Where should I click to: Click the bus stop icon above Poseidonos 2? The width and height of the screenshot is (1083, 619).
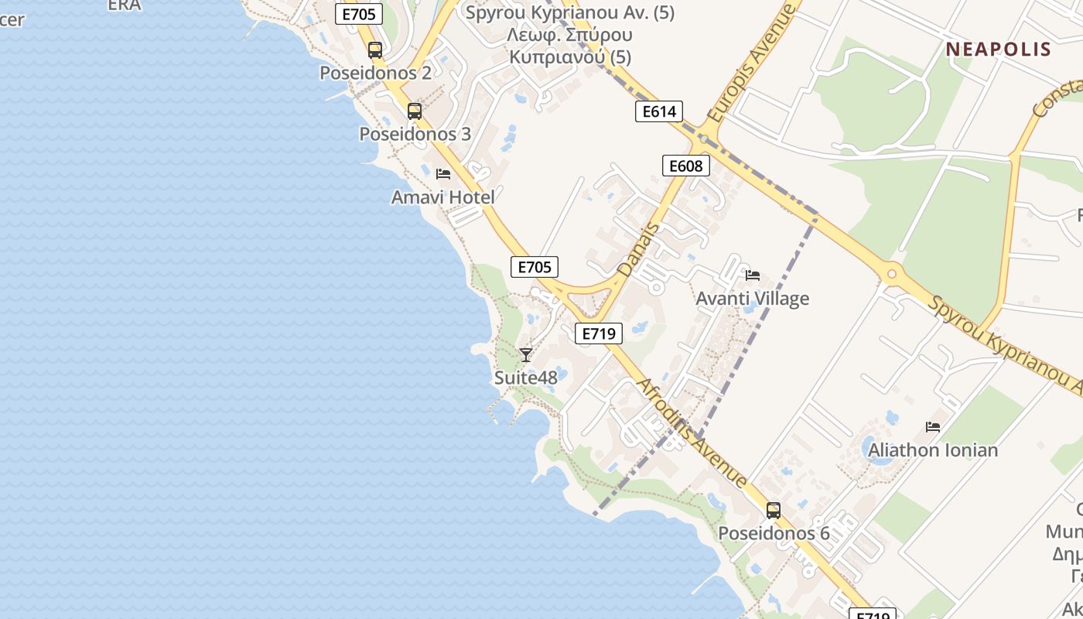[x=375, y=50]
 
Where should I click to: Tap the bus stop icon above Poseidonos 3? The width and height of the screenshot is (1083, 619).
[x=415, y=111]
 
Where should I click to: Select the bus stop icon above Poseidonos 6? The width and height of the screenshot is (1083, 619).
[x=774, y=511]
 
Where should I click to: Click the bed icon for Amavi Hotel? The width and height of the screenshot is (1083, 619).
[x=443, y=174]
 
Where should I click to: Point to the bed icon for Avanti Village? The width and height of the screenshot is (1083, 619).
[x=753, y=275]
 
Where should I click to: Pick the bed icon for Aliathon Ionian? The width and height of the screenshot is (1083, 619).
[x=933, y=427]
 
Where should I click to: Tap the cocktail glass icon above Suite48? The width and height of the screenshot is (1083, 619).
[x=526, y=355]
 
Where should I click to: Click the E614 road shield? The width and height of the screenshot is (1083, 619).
[x=659, y=111]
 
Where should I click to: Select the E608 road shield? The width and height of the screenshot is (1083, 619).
[x=685, y=166]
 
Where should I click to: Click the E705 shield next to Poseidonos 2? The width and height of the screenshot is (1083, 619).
[x=359, y=13]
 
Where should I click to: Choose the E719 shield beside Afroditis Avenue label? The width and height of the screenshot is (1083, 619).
[x=599, y=333]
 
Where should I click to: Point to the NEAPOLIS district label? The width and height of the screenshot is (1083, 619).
[x=998, y=50]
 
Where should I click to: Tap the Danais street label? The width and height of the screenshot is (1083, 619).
[x=639, y=250]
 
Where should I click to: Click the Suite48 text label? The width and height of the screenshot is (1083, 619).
[x=526, y=378]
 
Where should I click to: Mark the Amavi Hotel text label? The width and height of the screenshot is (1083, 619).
[x=442, y=197]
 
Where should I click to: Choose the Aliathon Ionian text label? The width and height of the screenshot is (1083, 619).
[x=933, y=450]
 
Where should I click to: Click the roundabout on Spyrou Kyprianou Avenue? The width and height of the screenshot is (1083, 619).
[x=891, y=273]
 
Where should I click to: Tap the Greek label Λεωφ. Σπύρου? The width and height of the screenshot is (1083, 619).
[x=569, y=35]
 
